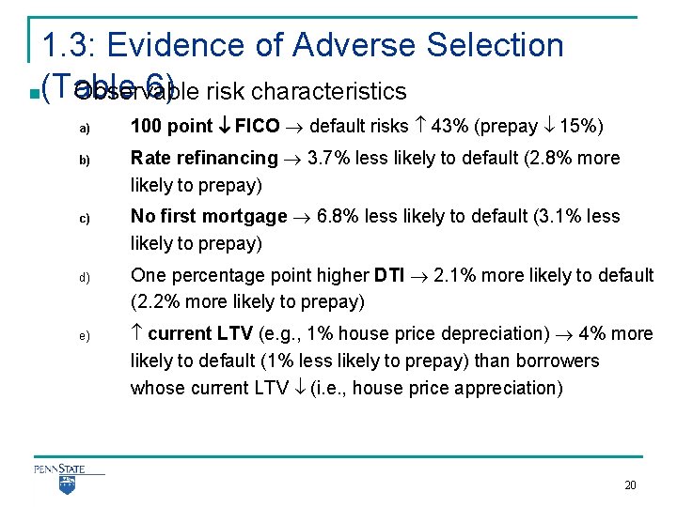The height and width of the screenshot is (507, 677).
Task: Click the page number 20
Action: (x=630, y=485)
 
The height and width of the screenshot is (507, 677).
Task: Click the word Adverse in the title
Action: (x=357, y=44)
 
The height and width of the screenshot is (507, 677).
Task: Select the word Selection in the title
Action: (x=496, y=44)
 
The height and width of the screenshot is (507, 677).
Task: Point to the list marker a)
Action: (x=84, y=128)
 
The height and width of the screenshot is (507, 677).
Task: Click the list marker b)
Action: (x=84, y=160)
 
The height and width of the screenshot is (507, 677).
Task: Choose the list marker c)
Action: (x=84, y=218)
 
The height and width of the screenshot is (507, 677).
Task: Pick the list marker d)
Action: (x=84, y=277)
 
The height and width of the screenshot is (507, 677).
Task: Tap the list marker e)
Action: (x=84, y=336)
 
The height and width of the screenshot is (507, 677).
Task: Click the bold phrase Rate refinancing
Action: (x=204, y=158)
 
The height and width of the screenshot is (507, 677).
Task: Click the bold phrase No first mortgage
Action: (x=209, y=216)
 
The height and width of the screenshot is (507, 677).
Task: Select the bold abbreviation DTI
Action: (x=389, y=275)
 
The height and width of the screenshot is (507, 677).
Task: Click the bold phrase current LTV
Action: (x=199, y=333)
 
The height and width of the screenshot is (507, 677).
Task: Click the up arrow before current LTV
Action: (x=136, y=333)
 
